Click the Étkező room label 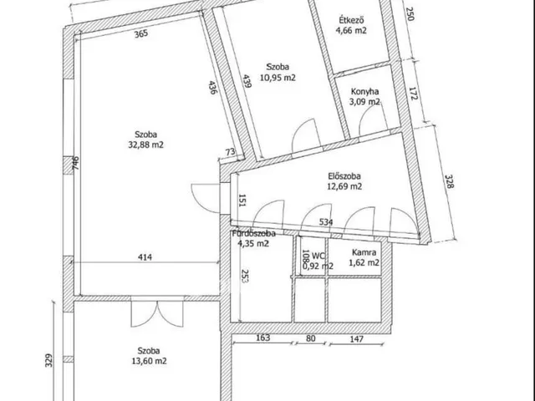tap(351, 20)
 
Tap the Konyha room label tap(364, 91)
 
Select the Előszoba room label tap(344, 176)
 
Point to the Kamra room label tap(364, 252)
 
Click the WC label tap(318, 256)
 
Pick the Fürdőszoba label tap(254, 234)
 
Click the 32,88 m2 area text tap(145, 145)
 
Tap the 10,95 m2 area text tap(278, 78)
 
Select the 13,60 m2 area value tap(149, 361)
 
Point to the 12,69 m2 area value tap(344, 186)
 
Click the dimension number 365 tap(141, 33)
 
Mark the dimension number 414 tap(145, 256)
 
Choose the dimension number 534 tap(326, 222)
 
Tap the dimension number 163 tap(262, 338)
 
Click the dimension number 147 tap(356, 338)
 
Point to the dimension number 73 tap(231, 151)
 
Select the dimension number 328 tap(450, 181)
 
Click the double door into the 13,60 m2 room tap(157, 314)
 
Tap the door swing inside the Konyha tap(371, 120)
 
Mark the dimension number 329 tap(49, 360)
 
